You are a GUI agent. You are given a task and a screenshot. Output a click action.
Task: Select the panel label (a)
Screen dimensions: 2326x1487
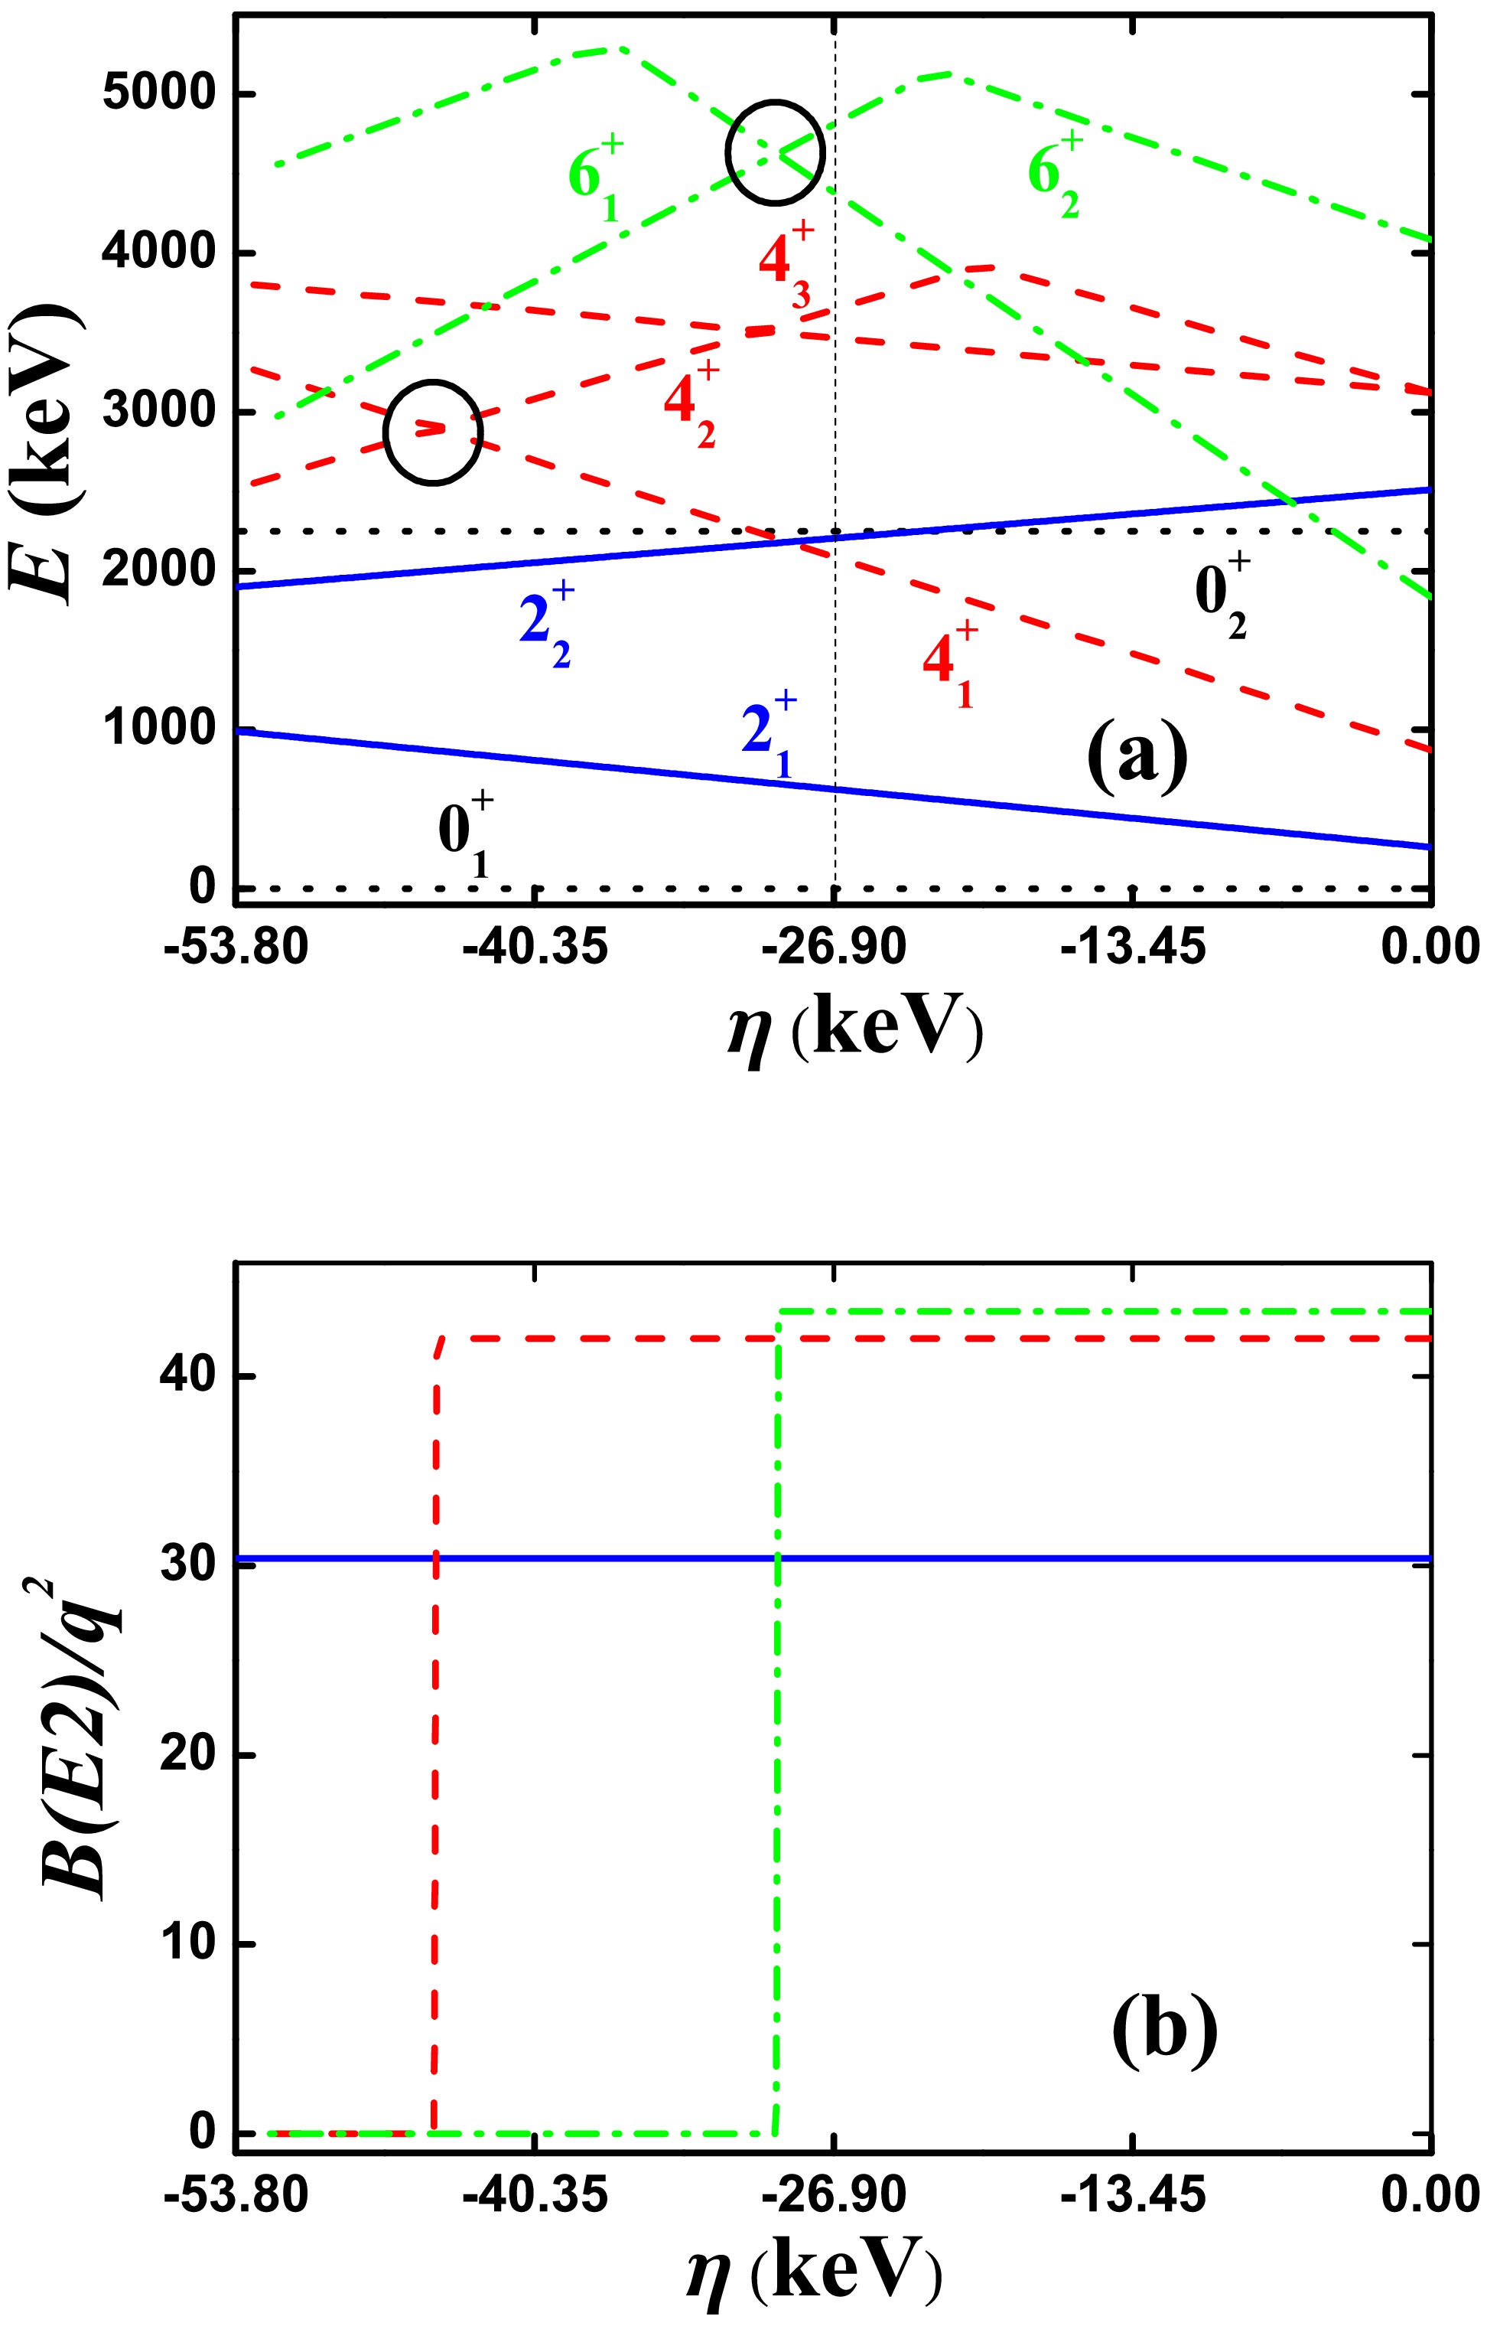1137,758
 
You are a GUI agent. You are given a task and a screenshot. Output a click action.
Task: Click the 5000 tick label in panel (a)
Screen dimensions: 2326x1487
159,95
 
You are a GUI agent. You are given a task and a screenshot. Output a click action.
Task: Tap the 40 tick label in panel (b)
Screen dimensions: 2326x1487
188,1375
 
